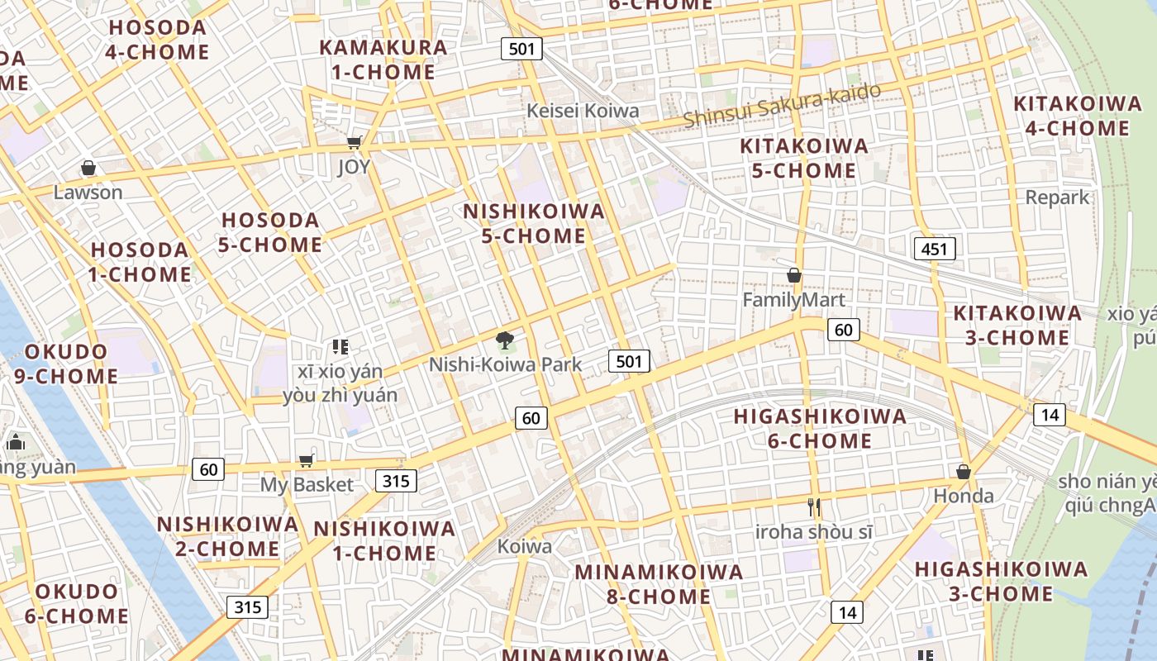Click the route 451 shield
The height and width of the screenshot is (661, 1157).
click(x=935, y=249)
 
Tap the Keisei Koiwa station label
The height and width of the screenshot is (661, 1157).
click(x=583, y=111)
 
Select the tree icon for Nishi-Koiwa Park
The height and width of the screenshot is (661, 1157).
click(x=504, y=340)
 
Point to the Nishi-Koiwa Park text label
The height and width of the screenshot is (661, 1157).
click(x=505, y=364)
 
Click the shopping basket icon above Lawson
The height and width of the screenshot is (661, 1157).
click(x=88, y=169)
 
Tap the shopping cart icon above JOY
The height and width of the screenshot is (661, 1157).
click(x=355, y=143)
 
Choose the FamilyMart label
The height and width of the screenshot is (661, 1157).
click(x=793, y=300)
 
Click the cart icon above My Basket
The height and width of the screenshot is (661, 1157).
click(x=307, y=460)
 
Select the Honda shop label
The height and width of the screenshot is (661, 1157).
click(x=964, y=496)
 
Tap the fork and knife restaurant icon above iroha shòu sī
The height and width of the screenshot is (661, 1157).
click(x=814, y=506)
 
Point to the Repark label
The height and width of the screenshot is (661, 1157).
click(x=1057, y=197)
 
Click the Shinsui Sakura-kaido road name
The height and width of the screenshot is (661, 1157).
click(x=782, y=106)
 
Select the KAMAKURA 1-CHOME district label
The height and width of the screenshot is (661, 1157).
click(x=383, y=59)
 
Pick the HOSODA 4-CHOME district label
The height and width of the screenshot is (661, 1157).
click(x=158, y=40)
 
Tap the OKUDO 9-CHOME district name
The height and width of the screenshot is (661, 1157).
click(x=66, y=364)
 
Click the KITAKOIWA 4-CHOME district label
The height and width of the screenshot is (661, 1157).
click(x=1078, y=116)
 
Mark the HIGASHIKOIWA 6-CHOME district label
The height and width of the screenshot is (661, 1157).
click(x=820, y=428)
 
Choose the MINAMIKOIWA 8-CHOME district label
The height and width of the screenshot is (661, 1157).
click(x=659, y=583)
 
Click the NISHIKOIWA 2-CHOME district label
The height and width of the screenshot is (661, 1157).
click(x=227, y=536)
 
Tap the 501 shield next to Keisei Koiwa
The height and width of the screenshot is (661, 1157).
click(x=521, y=49)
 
